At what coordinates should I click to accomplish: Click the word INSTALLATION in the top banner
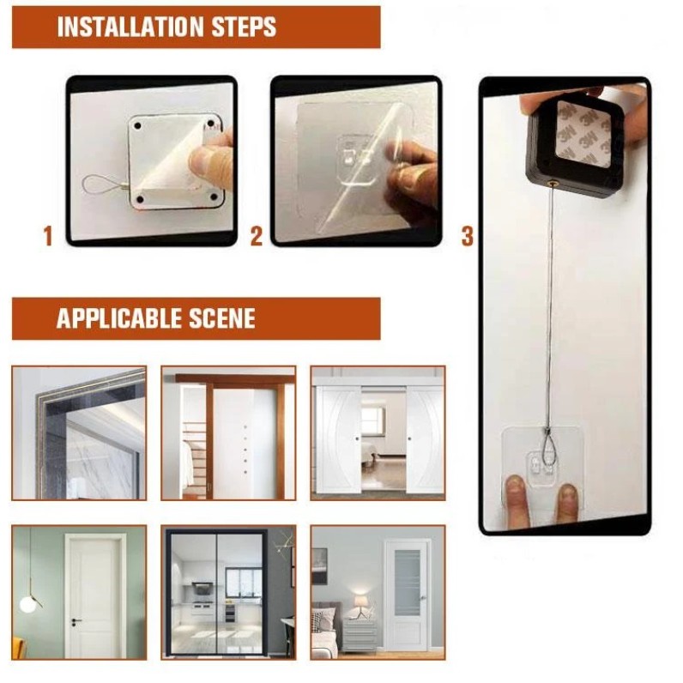130,27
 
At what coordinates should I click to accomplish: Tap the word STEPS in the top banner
244,27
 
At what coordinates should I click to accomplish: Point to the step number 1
48,236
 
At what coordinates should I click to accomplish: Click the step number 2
256,236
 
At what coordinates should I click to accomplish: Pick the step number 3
467,236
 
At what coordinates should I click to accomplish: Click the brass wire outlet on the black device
554,184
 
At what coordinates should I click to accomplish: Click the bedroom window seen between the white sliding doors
373,420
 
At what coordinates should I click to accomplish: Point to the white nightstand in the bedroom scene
359,635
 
